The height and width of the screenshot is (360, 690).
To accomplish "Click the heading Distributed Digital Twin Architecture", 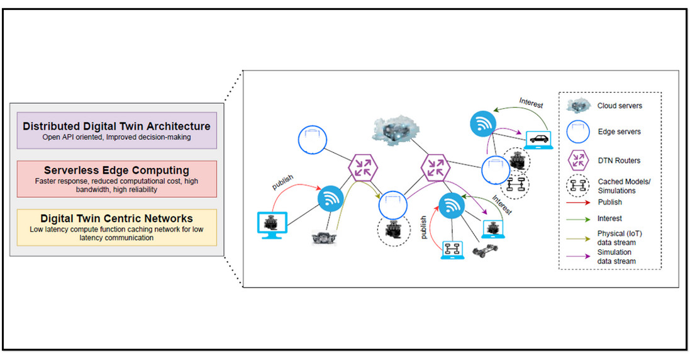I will (117, 126).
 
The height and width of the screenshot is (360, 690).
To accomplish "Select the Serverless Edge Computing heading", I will (117, 170).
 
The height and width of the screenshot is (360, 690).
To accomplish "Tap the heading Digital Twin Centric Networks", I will (117, 218).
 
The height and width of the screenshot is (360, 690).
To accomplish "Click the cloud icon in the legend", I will (577, 105).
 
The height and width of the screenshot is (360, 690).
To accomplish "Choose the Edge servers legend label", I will (620, 132).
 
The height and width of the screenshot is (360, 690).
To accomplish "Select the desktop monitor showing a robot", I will (273, 225).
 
